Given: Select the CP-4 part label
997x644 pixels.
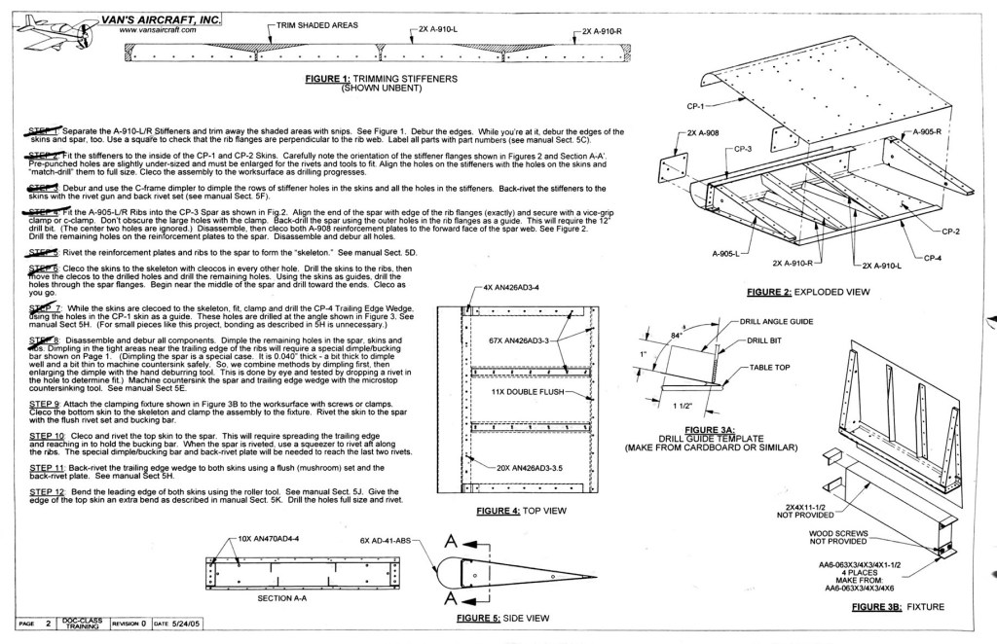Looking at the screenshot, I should coord(932,258).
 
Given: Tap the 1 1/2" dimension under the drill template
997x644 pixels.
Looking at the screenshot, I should coord(690,406).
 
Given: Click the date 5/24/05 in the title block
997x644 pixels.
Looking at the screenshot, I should coord(194,622).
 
